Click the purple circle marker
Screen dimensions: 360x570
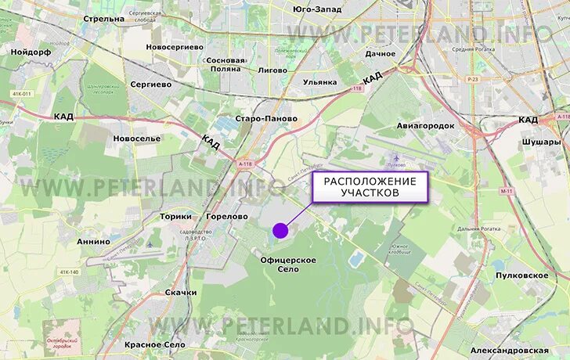click(x=280, y=230)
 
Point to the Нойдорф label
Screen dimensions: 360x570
click(x=31, y=51)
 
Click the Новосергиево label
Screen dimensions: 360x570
click(x=174, y=47)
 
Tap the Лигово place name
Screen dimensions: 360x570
click(x=272, y=70)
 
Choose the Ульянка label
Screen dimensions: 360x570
click(x=319, y=81)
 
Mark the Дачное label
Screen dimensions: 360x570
click(x=380, y=54)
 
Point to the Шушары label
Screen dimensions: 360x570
click(x=541, y=142)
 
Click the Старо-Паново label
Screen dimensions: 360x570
click(x=266, y=119)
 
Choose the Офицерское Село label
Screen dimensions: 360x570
click(x=289, y=264)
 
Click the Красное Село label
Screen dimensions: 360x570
click(x=155, y=344)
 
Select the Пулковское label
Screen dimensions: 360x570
click(x=522, y=275)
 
